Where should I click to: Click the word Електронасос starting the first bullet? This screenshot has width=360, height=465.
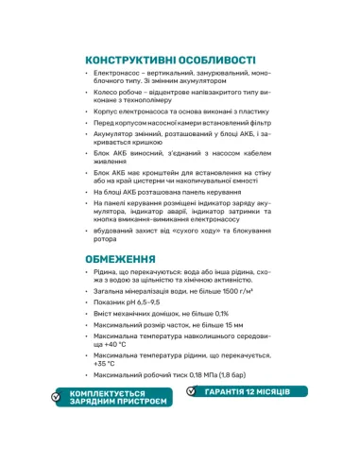116,73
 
